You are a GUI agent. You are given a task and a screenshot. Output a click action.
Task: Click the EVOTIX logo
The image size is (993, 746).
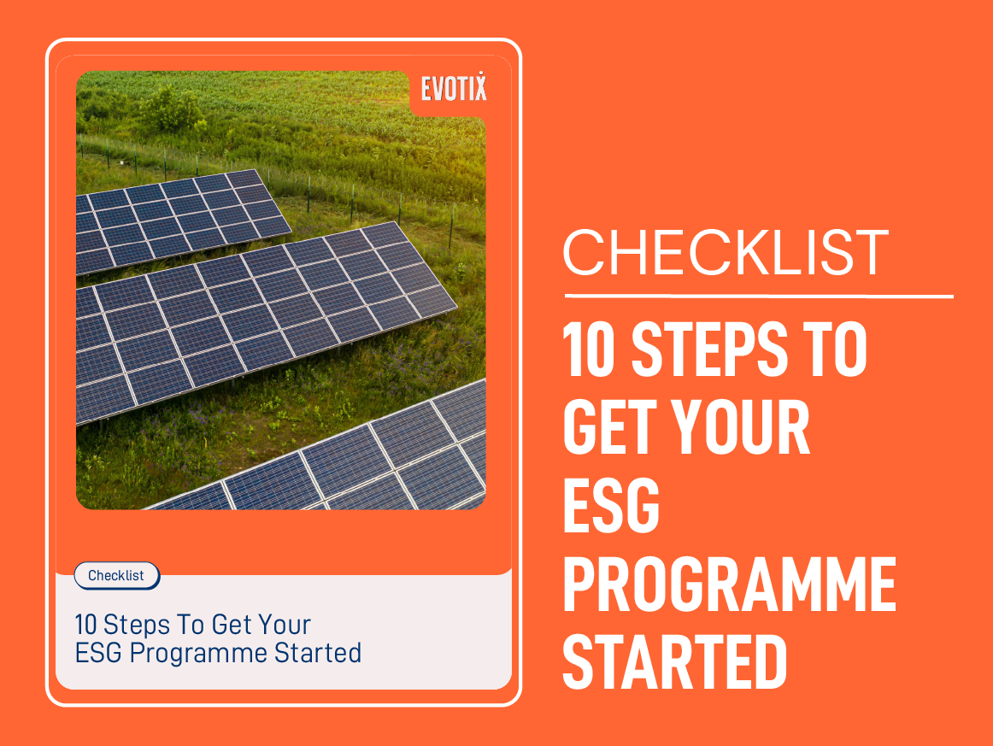454,87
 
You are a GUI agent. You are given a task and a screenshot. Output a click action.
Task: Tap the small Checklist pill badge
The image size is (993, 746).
116,575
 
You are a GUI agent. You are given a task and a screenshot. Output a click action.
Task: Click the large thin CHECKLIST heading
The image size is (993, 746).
726,252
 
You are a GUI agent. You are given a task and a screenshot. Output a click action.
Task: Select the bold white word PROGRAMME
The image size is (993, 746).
729,584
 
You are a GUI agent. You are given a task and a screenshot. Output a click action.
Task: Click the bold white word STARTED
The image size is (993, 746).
675,661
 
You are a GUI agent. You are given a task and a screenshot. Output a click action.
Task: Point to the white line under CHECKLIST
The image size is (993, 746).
758,297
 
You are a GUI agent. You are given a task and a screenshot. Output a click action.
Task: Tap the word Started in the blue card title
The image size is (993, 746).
318,653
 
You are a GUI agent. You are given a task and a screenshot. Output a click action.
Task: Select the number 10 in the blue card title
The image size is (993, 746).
86,625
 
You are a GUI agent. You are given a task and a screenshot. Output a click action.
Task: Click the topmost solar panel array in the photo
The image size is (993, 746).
184,218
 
